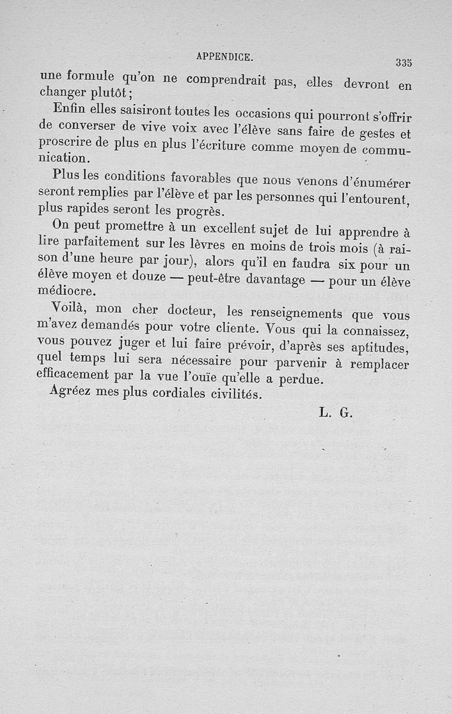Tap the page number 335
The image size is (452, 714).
[x=403, y=62]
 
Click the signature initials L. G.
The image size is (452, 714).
[x=336, y=412]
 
